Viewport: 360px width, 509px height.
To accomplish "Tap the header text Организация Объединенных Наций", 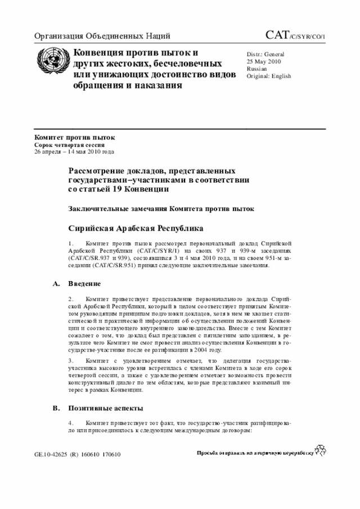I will point(102,37).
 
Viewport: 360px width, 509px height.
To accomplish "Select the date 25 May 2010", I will point(264,61).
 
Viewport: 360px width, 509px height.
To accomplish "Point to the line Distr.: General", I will point(265,54).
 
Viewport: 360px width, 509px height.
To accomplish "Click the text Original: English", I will point(269,76).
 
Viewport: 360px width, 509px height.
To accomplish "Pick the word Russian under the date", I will point(257,69).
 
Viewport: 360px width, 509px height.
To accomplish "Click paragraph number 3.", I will point(71,360).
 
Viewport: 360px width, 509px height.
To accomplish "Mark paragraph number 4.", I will point(71,422).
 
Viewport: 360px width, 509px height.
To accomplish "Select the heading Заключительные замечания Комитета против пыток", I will point(161,209).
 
